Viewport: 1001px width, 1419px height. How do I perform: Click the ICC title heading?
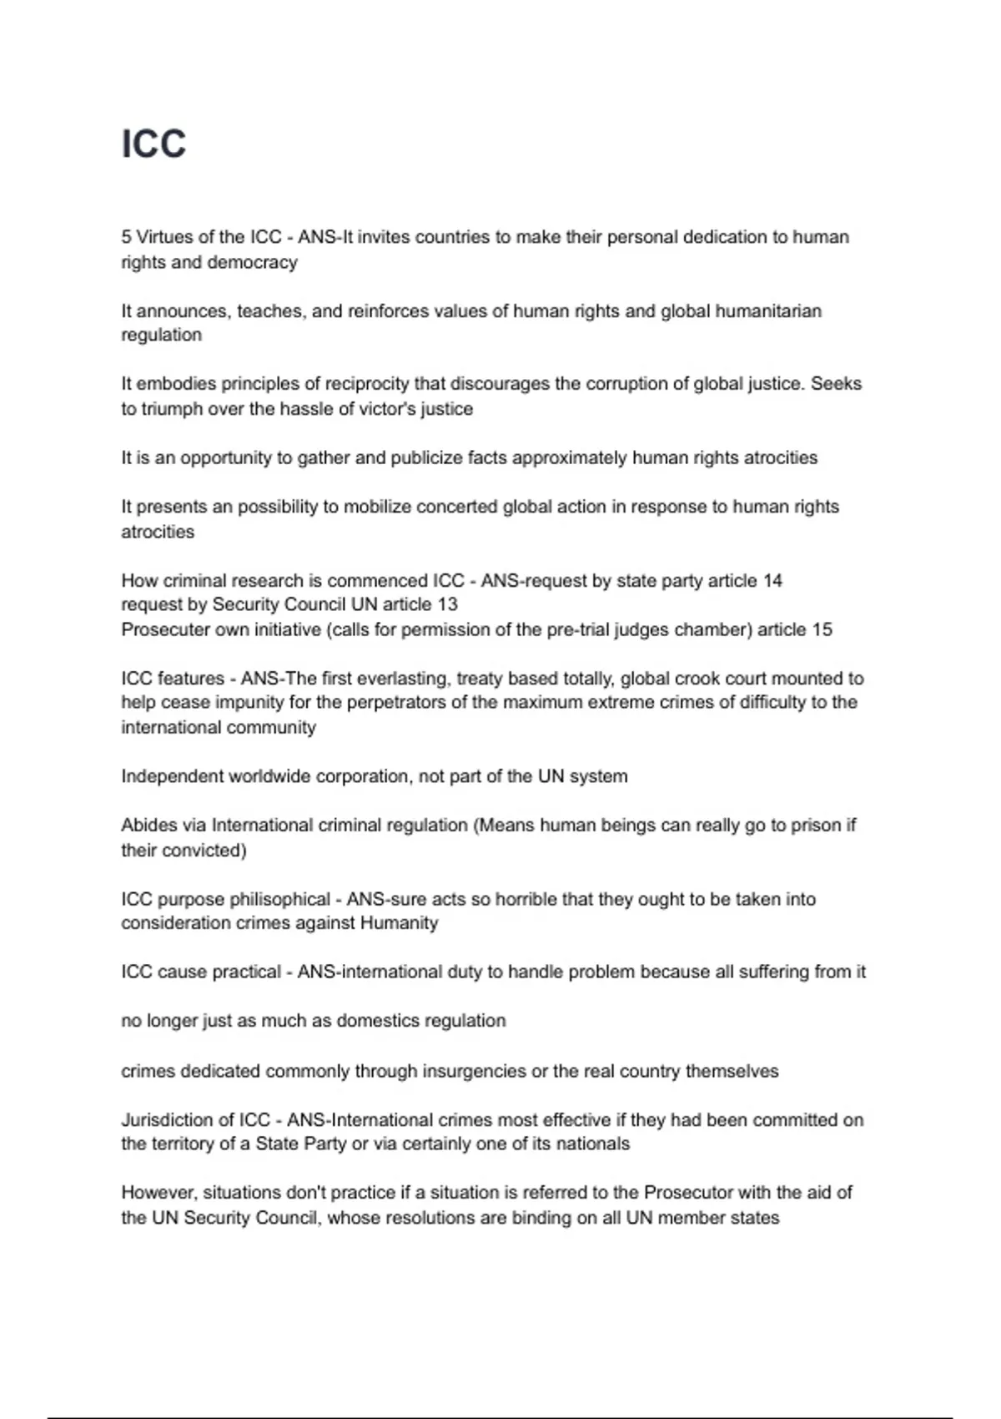[153, 144]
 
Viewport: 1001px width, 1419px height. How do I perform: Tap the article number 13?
[448, 604]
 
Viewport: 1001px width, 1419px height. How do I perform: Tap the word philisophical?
[279, 899]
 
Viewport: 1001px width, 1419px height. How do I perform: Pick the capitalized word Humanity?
[399, 923]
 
